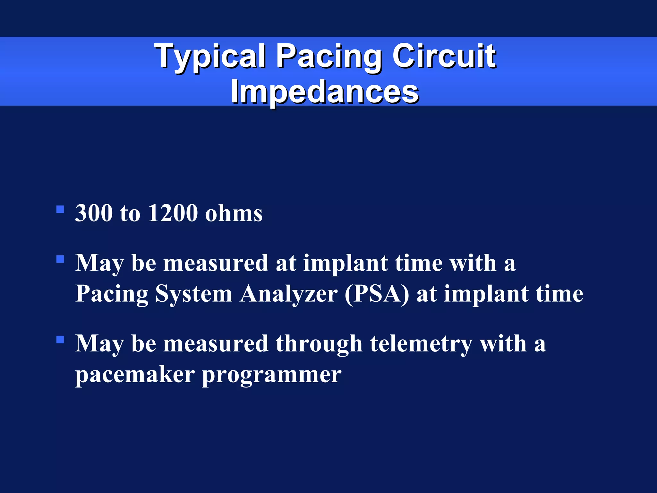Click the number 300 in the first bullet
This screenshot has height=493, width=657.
[94, 213]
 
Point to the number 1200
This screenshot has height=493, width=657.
[173, 213]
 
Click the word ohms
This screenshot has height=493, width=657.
[234, 214]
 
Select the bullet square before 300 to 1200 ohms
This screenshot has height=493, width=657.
[60, 210]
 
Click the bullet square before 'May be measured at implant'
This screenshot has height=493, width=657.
[60, 259]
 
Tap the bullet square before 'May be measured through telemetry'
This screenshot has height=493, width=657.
[60, 340]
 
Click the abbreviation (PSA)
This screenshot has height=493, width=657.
[377, 294]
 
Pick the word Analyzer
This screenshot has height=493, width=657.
[289, 294]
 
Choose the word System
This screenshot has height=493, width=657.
[194, 294]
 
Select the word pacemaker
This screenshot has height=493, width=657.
[135, 375]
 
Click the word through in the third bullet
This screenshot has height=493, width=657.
[319, 343]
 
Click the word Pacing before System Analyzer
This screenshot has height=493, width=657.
[112, 294]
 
